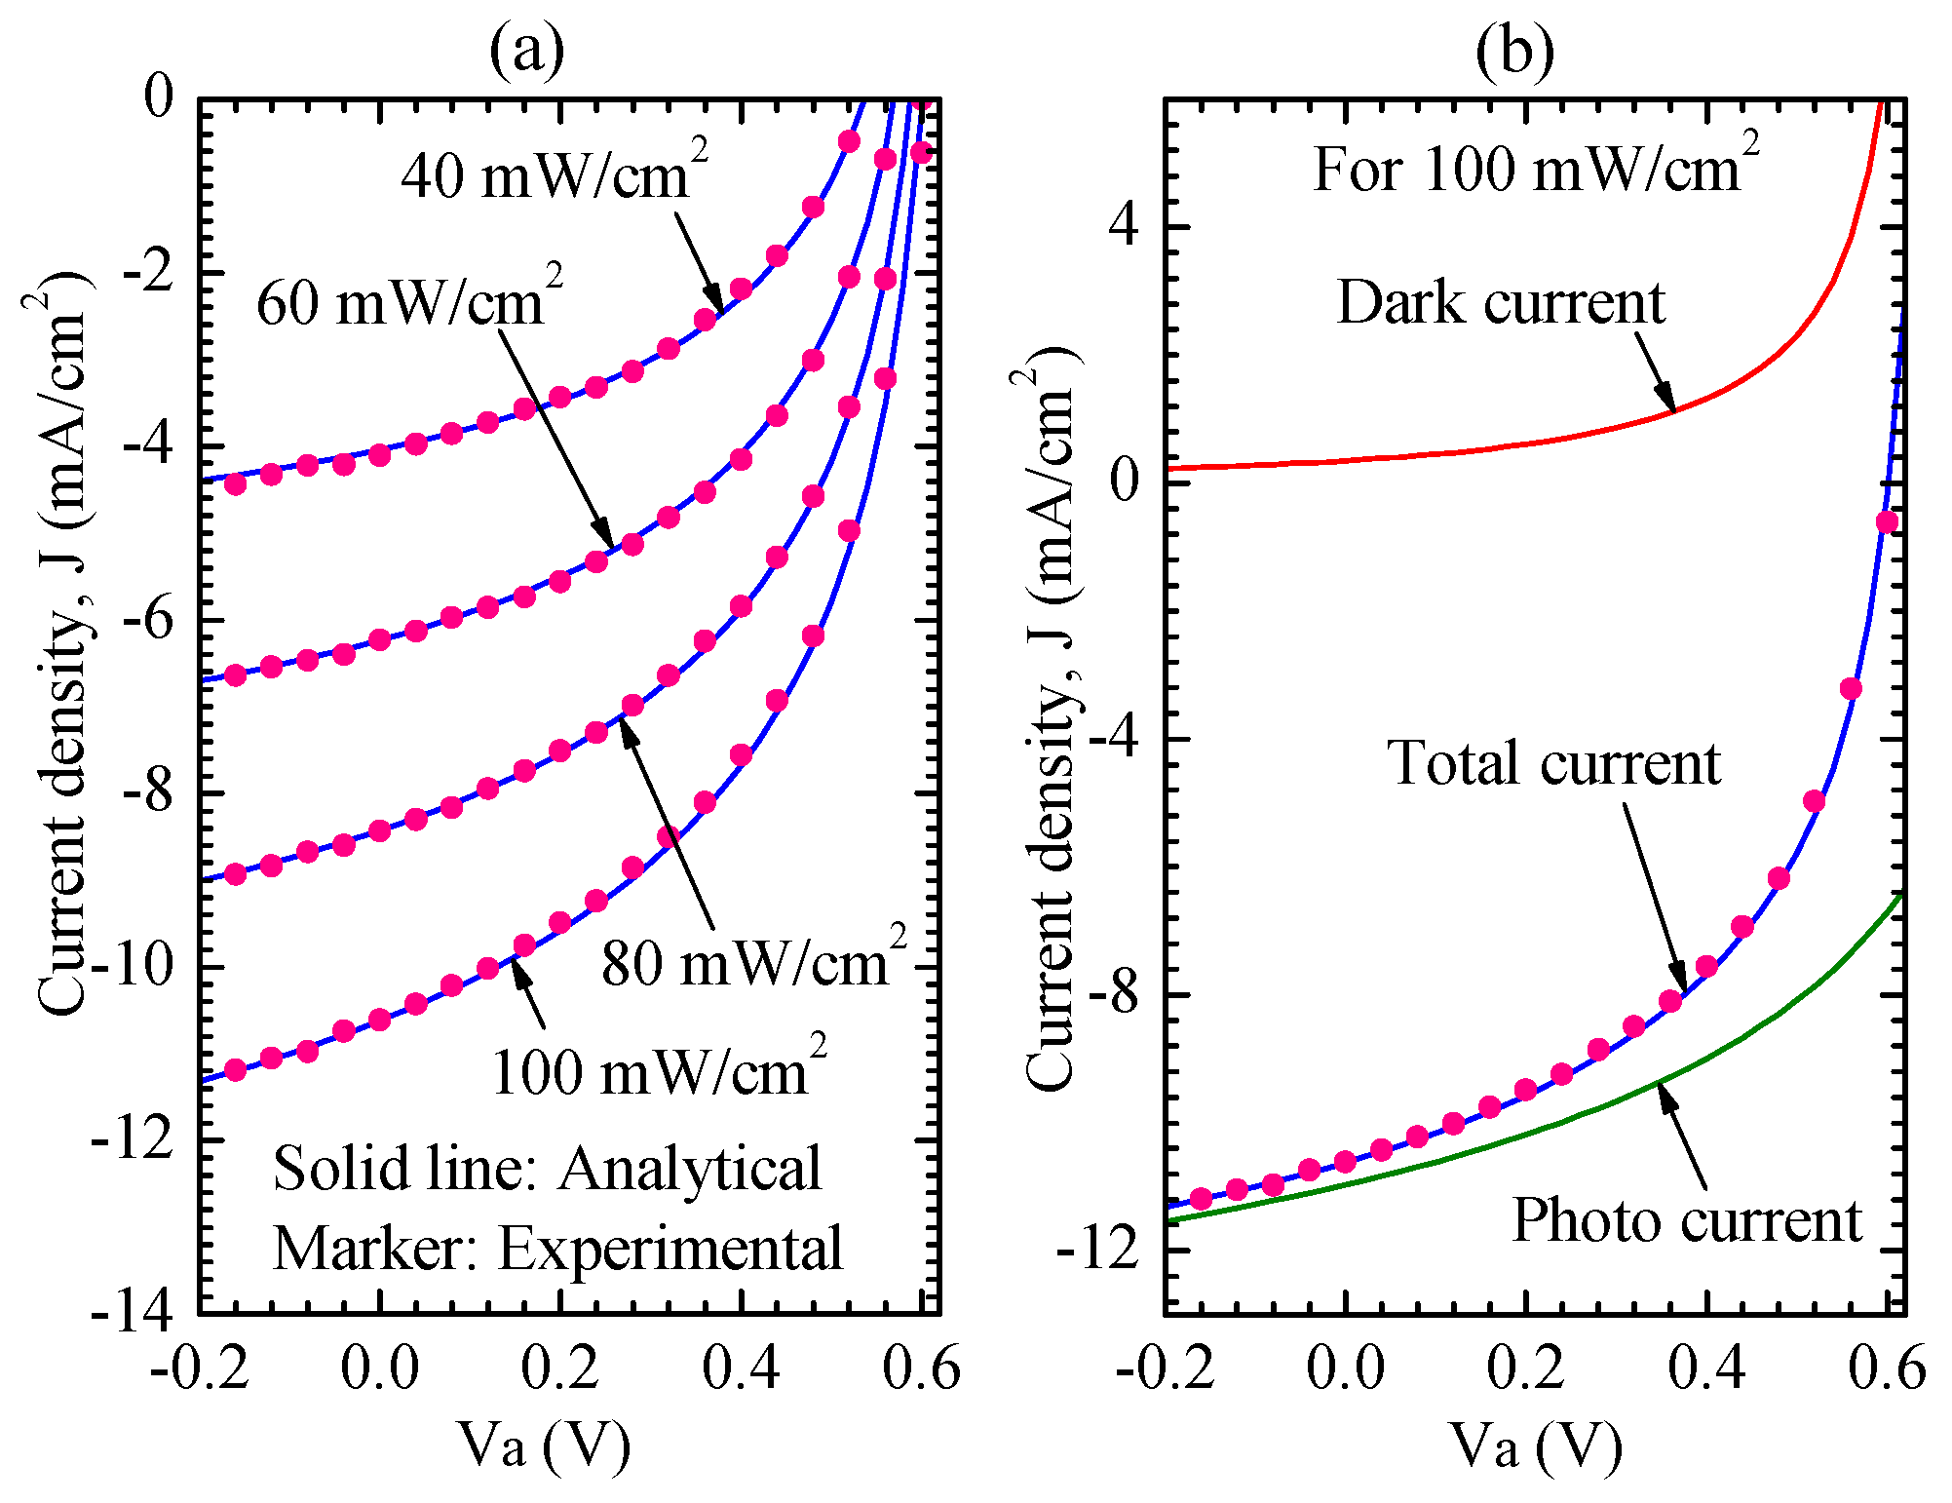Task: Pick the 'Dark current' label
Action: tap(1501, 302)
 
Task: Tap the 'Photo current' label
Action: tap(1686, 1219)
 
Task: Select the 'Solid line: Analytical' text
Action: tap(547, 1168)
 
